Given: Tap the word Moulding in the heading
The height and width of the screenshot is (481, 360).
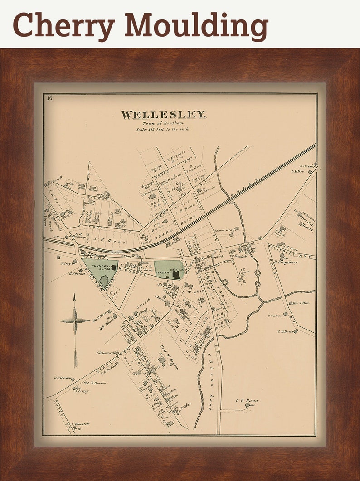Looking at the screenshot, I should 196,25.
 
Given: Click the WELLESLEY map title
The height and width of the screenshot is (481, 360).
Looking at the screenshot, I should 163,115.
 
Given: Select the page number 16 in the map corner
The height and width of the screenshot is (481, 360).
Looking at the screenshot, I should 49,98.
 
